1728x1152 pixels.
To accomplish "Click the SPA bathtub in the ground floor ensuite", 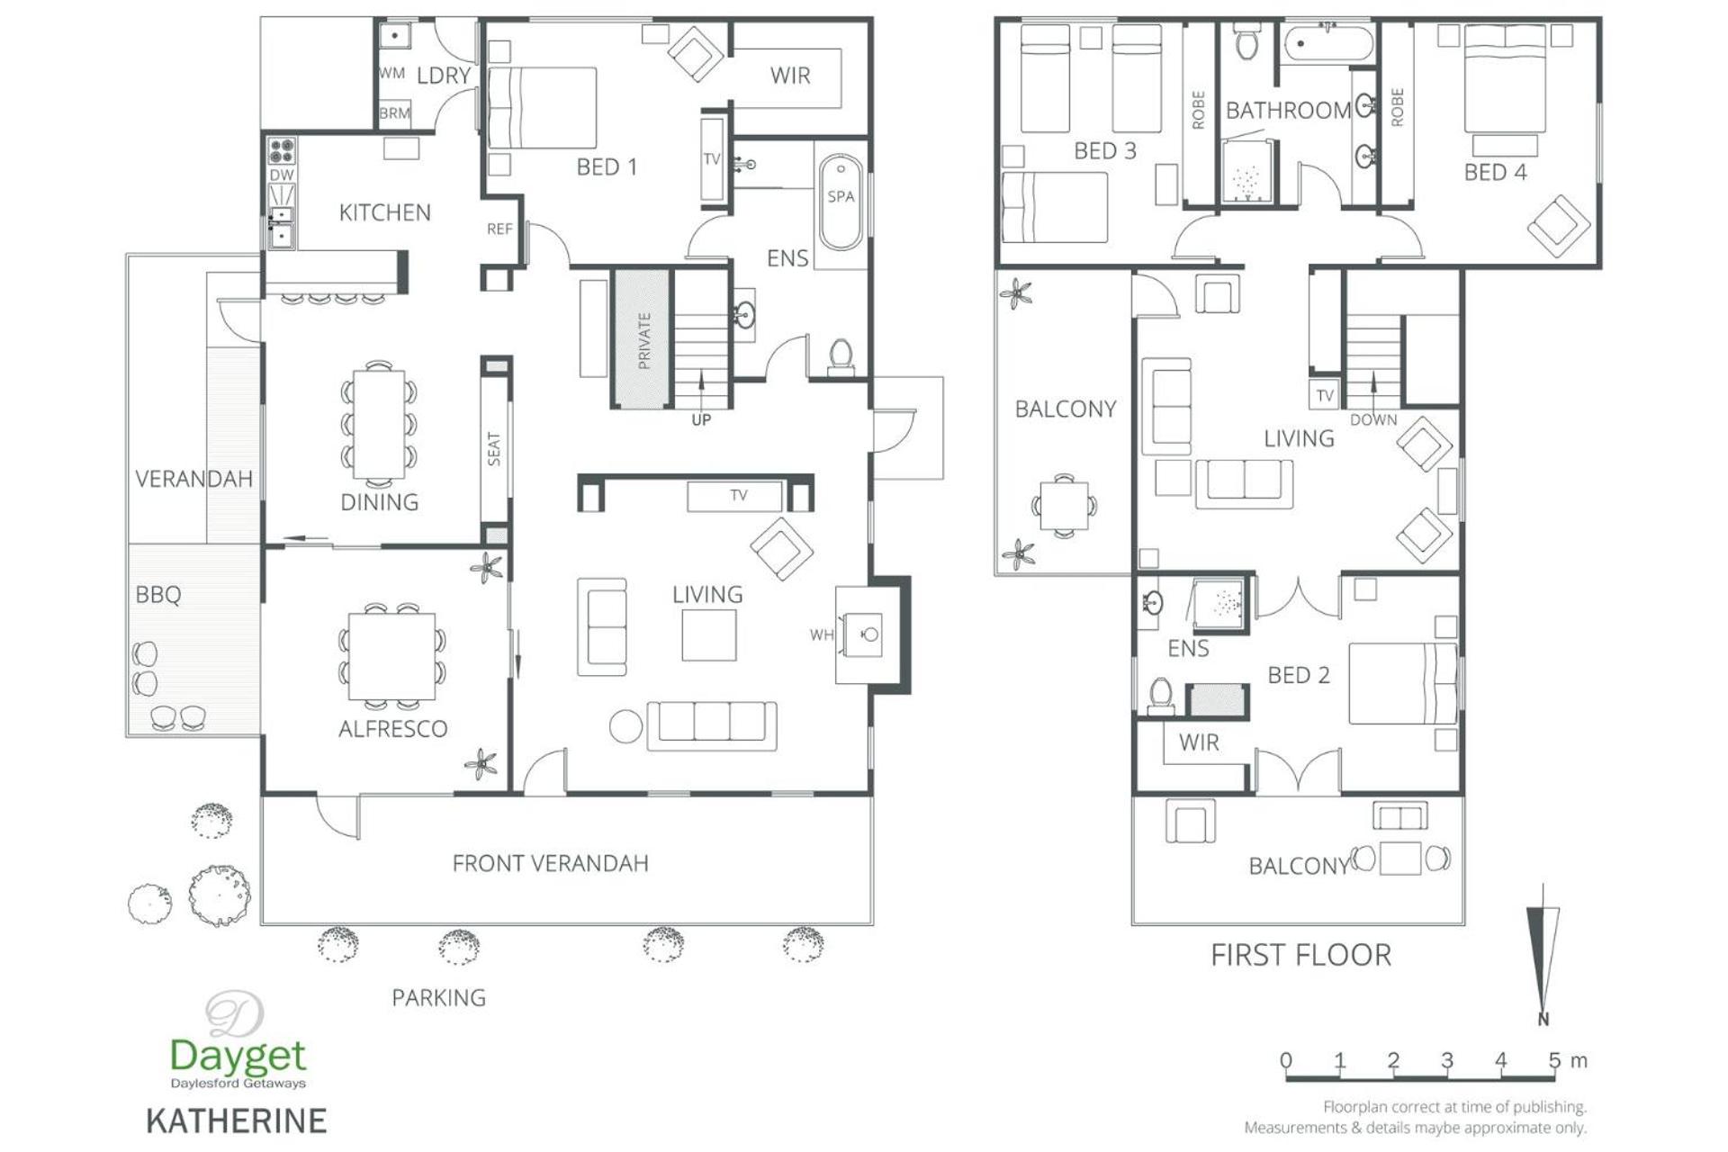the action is [x=841, y=202].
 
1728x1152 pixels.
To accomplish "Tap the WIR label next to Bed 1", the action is [x=790, y=76].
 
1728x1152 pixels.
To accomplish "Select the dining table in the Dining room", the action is [x=379, y=424].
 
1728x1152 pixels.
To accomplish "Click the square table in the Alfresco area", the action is [x=391, y=655].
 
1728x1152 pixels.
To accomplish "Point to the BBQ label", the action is [x=158, y=595].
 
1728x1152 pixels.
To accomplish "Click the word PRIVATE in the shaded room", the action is [x=643, y=340].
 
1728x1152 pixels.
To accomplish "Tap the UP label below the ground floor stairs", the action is [x=701, y=419].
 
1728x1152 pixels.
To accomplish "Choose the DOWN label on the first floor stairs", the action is [x=1373, y=419].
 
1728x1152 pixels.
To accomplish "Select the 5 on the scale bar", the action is [x=1554, y=1060].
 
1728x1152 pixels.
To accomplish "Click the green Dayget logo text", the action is [x=238, y=1055].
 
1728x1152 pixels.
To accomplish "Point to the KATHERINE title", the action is [x=237, y=1121].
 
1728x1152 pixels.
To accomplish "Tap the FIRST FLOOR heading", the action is [x=1300, y=955].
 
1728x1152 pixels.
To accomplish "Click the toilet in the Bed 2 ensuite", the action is [x=1161, y=696].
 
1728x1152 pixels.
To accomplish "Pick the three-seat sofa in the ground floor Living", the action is [x=712, y=725].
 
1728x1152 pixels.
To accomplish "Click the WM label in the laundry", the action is [x=391, y=73].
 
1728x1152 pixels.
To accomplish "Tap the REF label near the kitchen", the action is [x=499, y=229].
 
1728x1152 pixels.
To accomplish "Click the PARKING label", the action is [x=438, y=997].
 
